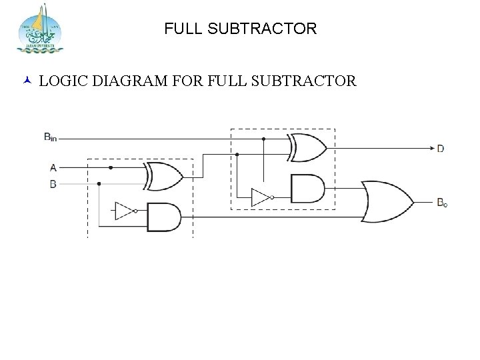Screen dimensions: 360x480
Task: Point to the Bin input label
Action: pyautogui.click(x=50, y=137)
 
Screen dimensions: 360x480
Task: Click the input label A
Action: pyautogui.click(x=53, y=167)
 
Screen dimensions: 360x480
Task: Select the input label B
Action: pyautogui.click(x=53, y=184)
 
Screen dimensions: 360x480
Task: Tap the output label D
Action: pyautogui.click(x=440, y=149)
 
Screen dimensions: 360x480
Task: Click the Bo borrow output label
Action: pyautogui.click(x=442, y=201)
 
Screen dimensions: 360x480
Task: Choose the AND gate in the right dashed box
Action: pyautogui.click(x=307, y=189)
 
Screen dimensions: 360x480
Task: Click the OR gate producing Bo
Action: pyautogui.click(x=386, y=201)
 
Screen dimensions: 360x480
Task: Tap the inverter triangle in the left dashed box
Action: pyautogui.click(x=125, y=211)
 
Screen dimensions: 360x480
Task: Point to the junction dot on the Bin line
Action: pyautogui.click(x=264, y=139)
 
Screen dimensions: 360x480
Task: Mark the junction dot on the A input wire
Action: pyautogui.click(x=111, y=168)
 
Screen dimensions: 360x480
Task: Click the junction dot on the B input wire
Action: pyautogui.click(x=99, y=183)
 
